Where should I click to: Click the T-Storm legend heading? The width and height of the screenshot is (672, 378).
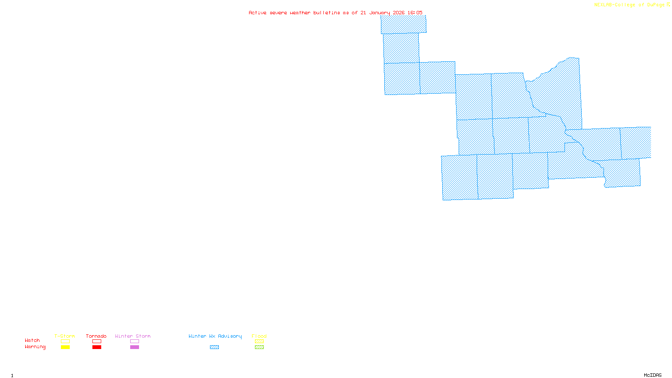65,336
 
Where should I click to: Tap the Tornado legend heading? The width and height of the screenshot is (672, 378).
96,336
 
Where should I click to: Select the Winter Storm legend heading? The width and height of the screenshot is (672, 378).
133,336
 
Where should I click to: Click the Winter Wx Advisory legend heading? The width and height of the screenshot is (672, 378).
215,336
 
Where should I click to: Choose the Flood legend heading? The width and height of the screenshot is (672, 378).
259,336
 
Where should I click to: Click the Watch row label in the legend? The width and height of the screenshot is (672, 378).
32,340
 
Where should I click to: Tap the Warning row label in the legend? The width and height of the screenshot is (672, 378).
35,347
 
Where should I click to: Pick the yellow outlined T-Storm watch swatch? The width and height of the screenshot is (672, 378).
65,341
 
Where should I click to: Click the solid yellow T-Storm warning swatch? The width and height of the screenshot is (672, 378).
65,347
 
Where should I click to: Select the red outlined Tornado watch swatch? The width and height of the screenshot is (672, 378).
97,341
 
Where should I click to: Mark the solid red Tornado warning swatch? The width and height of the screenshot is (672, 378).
97,347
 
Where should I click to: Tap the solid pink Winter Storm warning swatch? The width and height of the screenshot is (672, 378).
134,347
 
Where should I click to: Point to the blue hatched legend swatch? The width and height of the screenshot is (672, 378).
214,347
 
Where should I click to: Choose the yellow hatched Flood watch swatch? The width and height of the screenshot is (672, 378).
259,341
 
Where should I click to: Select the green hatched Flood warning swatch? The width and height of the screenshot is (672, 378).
259,347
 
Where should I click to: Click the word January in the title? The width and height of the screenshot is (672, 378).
379,13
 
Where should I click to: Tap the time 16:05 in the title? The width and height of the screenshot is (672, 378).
415,13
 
